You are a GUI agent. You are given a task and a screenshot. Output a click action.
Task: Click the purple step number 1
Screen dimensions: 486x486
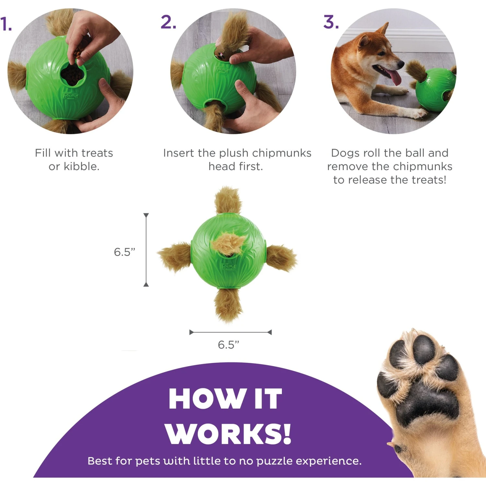tap(6, 24)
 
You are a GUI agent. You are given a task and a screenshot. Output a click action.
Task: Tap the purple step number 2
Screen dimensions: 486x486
tap(168, 22)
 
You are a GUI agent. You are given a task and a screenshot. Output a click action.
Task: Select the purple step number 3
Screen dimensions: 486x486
tap(331, 22)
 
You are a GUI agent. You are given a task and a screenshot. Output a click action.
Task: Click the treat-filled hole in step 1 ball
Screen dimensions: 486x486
tap(73, 75)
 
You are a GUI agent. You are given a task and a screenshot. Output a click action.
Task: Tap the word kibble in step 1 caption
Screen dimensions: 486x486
tap(81, 167)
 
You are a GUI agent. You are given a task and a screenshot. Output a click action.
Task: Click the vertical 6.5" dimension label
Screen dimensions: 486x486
tap(124, 252)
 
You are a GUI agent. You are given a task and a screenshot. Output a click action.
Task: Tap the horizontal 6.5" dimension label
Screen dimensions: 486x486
tap(228, 345)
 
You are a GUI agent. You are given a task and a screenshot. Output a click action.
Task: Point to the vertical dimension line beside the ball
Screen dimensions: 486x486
tap(146, 249)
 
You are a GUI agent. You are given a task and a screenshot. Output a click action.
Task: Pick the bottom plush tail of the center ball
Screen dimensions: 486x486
tap(228, 305)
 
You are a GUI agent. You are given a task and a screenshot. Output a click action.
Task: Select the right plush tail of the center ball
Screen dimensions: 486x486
tap(281, 258)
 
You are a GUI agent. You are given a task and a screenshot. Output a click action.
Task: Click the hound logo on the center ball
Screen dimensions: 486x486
tap(228, 266)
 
